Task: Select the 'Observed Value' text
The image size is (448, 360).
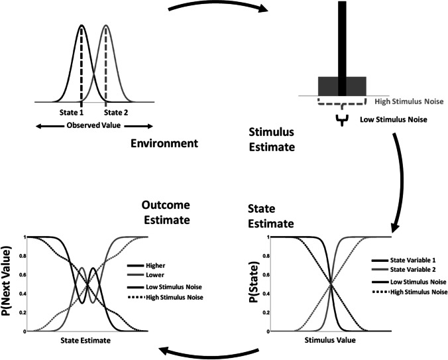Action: coord(94,125)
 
